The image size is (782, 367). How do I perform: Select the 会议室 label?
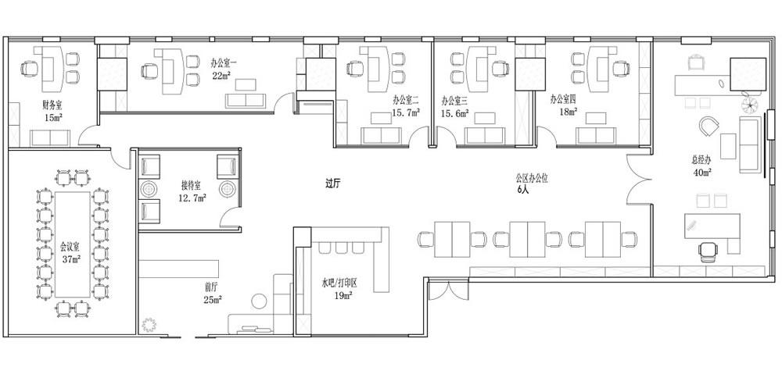(70, 247)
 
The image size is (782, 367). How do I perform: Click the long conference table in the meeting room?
(73, 244)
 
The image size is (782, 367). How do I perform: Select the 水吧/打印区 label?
(339, 283)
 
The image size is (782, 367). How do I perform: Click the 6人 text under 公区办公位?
(522, 190)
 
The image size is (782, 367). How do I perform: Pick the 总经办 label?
(701, 161)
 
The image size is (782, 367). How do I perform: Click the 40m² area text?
(701, 173)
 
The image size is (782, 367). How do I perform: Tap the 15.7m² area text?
(405, 113)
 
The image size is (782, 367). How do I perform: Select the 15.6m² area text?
(454, 113)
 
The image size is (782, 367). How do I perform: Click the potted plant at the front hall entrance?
(149, 325)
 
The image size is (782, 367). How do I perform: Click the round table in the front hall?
(260, 301)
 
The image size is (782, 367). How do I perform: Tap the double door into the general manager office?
(639, 180)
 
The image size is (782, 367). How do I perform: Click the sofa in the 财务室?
(50, 138)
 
